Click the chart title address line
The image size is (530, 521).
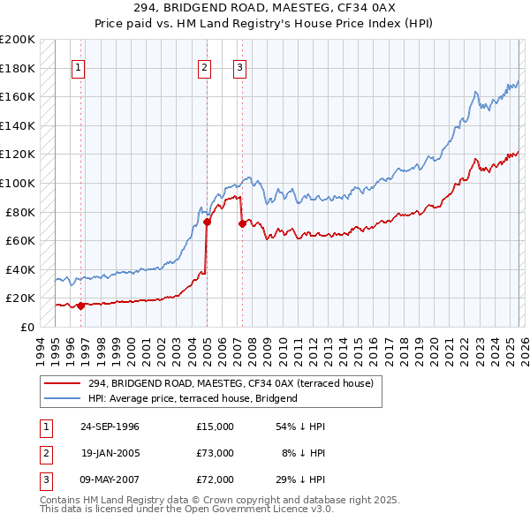[264, 9]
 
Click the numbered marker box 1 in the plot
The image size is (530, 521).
[79, 67]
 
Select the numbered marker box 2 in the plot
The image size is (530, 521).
[204, 67]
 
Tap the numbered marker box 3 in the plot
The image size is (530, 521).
[240, 67]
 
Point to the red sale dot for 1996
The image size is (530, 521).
[80, 306]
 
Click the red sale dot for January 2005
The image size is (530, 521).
[207, 223]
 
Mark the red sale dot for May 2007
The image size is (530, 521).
[241, 224]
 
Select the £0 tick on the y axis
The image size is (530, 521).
[26, 327]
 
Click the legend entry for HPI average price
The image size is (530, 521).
[193, 398]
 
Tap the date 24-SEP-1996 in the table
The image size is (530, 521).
[110, 427]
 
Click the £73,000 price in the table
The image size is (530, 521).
[215, 453]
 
